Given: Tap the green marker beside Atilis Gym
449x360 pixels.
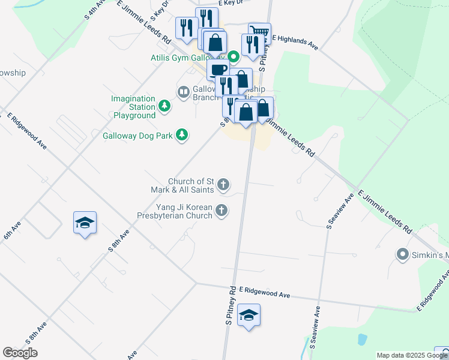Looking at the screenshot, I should tap(234, 58).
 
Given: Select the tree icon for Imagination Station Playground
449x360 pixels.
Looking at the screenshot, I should tap(164, 106).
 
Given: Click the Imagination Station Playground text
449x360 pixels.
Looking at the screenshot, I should tap(133, 107).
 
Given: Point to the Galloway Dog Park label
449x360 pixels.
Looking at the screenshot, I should tap(137, 136).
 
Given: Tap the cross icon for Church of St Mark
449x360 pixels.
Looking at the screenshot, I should tap(223, 184).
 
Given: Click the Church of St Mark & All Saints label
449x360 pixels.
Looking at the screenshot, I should tap(191, 185).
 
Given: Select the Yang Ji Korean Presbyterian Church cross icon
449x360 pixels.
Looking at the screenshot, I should tap(222, 210).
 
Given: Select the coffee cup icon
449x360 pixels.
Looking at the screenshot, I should tap(218, 69).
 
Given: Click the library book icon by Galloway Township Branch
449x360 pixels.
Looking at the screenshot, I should tap(183, 92).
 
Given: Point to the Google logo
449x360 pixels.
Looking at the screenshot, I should tap(20, 353).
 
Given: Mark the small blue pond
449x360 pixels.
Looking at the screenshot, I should tap(361, 340).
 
